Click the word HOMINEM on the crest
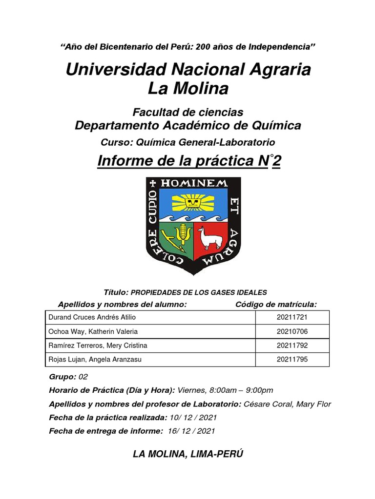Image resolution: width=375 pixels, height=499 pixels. [194, 183]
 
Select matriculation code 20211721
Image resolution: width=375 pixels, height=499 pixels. [292, 318]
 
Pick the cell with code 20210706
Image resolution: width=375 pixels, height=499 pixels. [292, 332]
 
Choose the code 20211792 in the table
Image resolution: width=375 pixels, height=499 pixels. [292, 346]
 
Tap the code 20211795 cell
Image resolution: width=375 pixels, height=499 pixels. [292, 360]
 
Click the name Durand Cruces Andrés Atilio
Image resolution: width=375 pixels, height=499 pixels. [92, 318]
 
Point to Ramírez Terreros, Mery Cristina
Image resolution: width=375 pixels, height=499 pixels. [98, 346]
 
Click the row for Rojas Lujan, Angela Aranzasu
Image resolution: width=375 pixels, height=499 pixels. [97, 360]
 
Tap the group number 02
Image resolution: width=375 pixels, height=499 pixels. [83, 377]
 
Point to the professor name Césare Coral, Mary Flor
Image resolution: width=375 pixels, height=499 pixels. [288, 404]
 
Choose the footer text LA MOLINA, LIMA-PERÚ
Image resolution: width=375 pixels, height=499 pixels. [188, 454]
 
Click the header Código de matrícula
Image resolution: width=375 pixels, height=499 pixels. [276, 305]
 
